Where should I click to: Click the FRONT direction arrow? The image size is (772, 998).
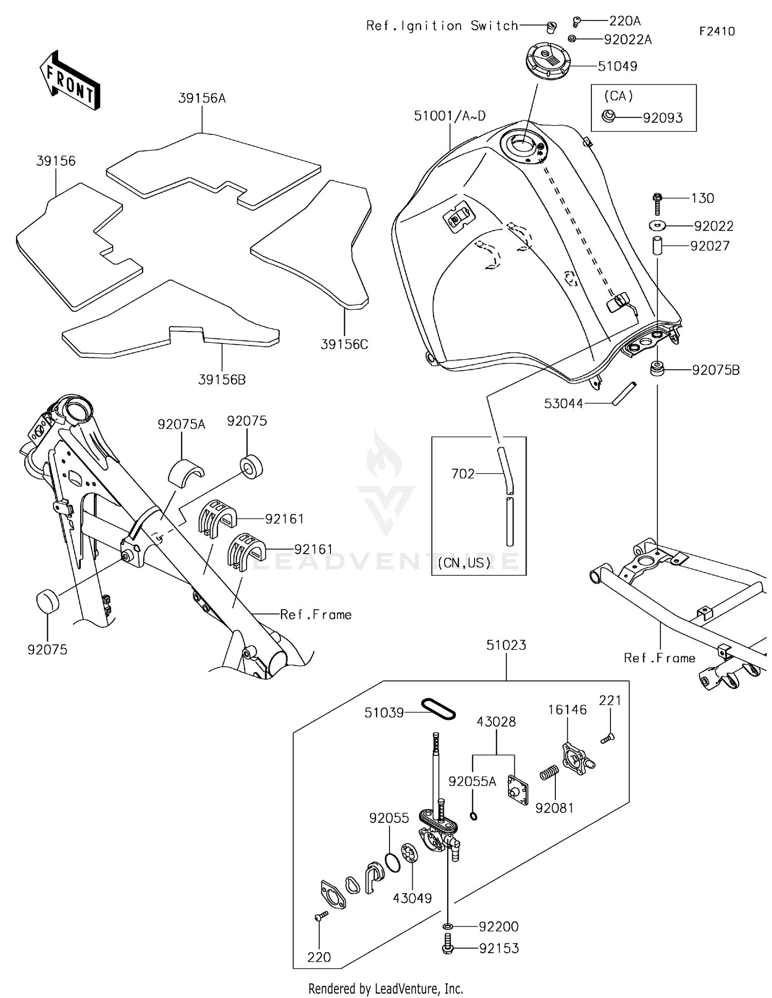coord(69,81)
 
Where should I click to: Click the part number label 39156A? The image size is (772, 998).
coord(202,98)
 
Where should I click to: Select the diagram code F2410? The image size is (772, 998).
coord(716,31)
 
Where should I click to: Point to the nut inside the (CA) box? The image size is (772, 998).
coord(608,116)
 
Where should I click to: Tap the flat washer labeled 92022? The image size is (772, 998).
coord(657,225)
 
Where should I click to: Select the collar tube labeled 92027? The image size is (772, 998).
coord(657,246)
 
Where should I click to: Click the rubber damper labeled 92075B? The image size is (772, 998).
coord(657,369)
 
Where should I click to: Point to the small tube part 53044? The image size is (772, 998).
coord(624,393)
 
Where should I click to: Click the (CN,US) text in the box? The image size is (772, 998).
coord(464,562)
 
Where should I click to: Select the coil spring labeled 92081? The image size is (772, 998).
coord(549,772)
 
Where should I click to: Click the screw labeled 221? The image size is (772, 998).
coord(607,738)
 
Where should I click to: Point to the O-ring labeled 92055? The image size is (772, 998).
coord(392,862)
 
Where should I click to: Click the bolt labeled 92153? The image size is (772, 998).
coord(447,948)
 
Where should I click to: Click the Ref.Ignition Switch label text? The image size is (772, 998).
coord(442,26)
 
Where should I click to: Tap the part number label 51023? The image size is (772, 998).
coord(506,645)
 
